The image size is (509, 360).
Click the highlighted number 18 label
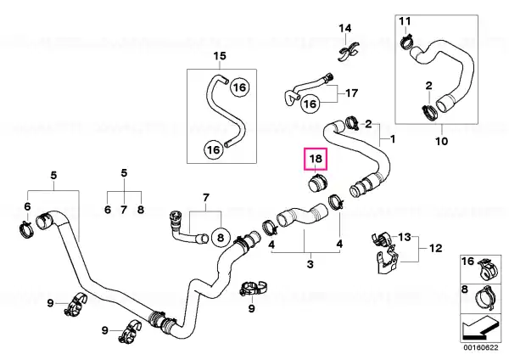coord(316,159)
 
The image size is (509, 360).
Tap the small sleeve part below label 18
coord(317,184)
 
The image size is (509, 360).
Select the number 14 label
coord(345,28)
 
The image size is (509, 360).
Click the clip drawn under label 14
coord(348,53)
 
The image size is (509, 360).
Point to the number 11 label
coord(405,21)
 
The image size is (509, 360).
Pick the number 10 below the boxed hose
coord(441,141)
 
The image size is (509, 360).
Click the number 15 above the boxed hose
coord(220,56)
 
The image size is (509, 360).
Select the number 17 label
coord(351,93)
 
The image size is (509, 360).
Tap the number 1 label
coord(393,139)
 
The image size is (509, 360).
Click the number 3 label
coord(310,264)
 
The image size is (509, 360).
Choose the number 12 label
coord(436,248)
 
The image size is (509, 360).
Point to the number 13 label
coord(405,237)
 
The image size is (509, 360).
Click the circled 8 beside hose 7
coord(221,238)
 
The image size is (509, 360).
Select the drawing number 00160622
coord(481,347)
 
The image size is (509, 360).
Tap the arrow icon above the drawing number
coord(480,328)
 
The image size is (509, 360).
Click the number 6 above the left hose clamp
coord(27,206)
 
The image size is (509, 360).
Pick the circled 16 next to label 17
coord(310,104)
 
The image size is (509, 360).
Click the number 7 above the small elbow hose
coord(206,198)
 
